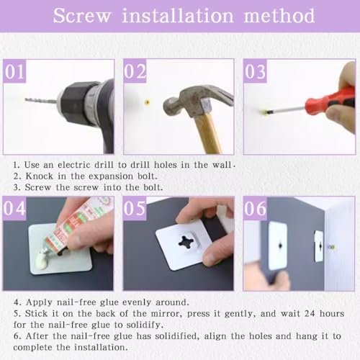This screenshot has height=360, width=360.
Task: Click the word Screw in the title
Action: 82,16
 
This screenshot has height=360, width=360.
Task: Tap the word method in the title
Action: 279,16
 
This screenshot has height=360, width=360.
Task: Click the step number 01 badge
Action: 14,71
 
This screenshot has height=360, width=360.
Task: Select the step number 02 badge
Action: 135,71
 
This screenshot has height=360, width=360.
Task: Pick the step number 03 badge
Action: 255,71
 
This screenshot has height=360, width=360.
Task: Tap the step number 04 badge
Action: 14,208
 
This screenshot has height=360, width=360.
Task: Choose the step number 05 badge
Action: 135,208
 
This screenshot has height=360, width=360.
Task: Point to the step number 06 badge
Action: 255,208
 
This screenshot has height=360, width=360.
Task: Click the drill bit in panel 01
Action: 42,101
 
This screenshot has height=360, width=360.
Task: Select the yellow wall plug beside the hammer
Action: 147,103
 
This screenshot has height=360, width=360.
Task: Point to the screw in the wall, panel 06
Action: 332,246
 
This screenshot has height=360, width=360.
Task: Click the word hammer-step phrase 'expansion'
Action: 111,176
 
